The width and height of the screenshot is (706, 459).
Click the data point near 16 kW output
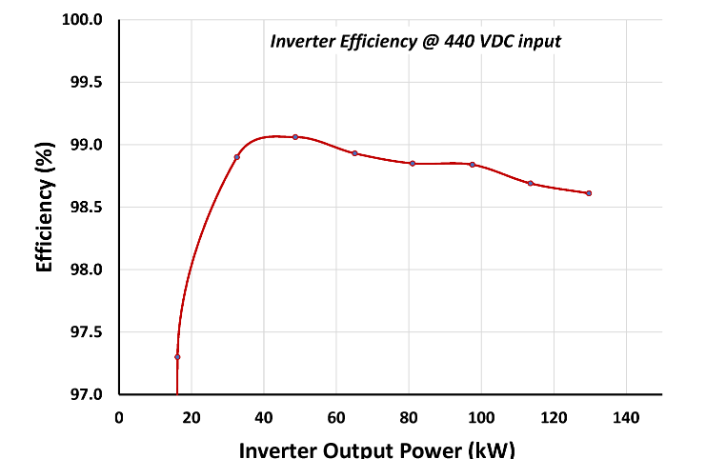[x=177, y=357]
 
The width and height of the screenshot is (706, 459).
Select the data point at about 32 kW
[x=236, y=156]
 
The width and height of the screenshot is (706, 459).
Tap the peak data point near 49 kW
[x=295, y=137]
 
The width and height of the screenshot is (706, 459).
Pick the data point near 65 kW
[x=354, y=153]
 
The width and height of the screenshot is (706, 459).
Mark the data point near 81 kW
[x=413, y=164]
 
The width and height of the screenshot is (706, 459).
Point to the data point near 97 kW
[x=472, y=165]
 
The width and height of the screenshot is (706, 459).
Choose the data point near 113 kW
[x=531, y=183]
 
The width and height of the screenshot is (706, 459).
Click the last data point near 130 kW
[x=589, y=193]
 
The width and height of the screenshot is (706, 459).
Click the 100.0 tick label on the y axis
[x=84, y=19]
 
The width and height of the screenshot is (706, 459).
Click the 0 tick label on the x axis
[x=119, y=416]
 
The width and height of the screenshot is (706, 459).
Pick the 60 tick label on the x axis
[x=336, y=416]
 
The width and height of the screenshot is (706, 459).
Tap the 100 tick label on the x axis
[x=481, y=416]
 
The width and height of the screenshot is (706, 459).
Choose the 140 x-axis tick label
[x=626, y=416]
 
